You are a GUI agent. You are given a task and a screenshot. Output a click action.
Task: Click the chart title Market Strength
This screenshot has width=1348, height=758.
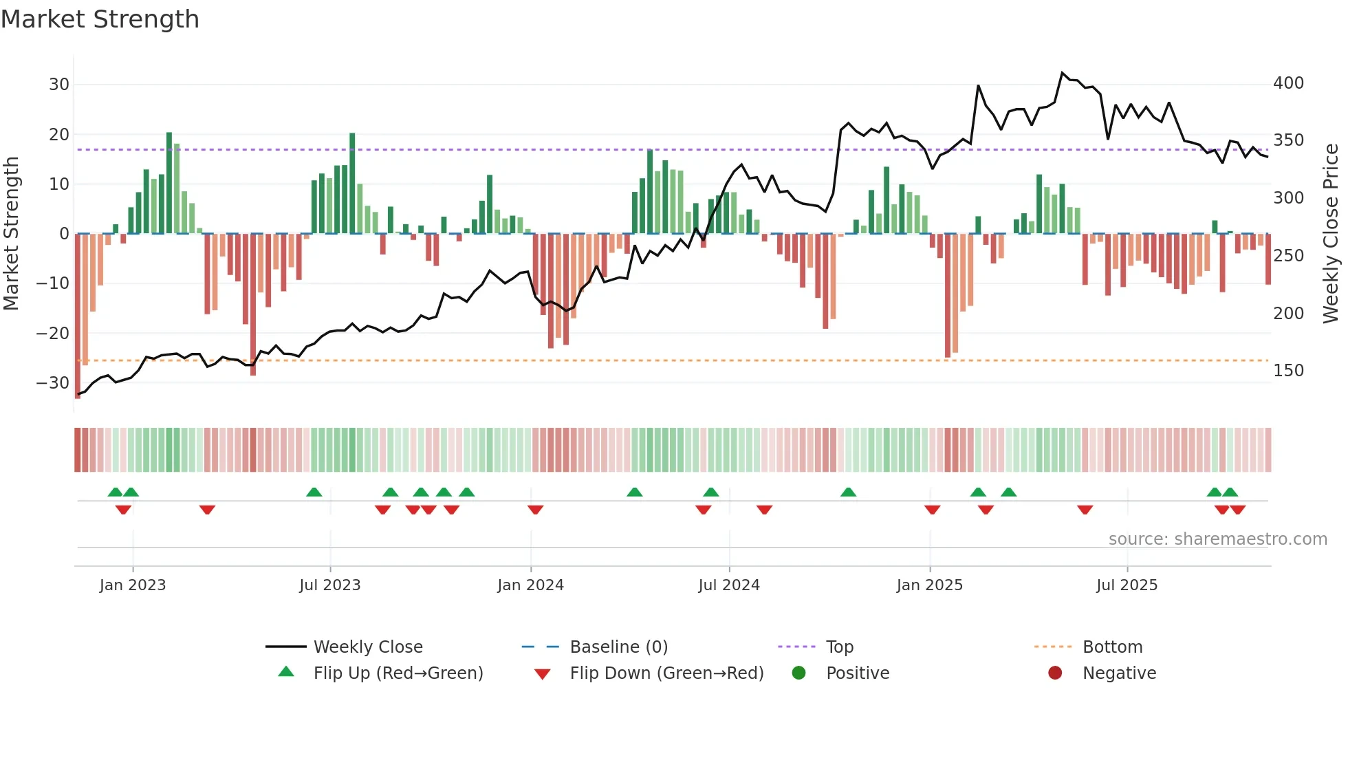pyautogui.click(x=100, y=19)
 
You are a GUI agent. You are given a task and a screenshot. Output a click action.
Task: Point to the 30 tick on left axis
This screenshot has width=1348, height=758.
pyautogui.click(x=59, y=85)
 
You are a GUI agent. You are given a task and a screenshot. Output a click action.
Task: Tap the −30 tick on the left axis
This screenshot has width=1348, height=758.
pyautogui.click(x=53, y=383)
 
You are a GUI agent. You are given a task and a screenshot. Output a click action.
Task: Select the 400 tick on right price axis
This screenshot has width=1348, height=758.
pyautogui.click(x=1288, y=83)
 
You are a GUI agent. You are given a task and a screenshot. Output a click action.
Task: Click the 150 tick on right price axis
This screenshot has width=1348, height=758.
pyautogui.click(x=1288, y=371)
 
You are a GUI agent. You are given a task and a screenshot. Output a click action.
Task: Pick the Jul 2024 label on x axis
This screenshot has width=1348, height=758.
pyautogui.click(x=729, y=585)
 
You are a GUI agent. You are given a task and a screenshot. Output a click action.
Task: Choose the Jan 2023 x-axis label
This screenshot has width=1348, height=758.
pyautogui.click(x=133, y=585)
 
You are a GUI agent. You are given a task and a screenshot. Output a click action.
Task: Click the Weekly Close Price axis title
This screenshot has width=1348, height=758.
pyautogui.click(x=1331, y=234)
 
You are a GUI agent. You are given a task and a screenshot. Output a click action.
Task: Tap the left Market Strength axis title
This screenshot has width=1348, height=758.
pyautogui.click(x=11, y=234)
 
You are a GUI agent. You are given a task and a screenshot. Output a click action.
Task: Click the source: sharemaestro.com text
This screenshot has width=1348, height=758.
pyautogui.click(x=1217, y=539)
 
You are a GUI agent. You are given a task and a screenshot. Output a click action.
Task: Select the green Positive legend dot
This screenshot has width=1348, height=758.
pyautogui.click(x=798, y=673)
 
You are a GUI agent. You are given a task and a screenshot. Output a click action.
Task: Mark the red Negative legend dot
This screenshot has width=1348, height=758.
pyautogui.click(x=1055, y=673)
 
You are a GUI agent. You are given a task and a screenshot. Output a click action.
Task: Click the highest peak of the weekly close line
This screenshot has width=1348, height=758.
pyautogui.click(x=1062, y=72)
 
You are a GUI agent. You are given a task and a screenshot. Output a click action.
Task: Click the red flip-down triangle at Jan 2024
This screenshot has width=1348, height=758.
pyautogui.click(x=536, y=510)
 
